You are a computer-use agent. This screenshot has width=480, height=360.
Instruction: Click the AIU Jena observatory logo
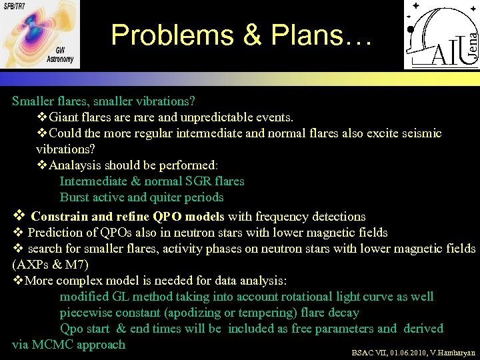click(x=441, y=35)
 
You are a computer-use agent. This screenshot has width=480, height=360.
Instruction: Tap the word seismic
click(x=420, y=133)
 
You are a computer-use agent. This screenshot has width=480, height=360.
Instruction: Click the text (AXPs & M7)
click(x=50, y=265)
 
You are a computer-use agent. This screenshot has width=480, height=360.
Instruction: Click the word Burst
click(x=75, y=197)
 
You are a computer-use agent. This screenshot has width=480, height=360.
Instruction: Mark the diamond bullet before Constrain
click(x=19, y=215)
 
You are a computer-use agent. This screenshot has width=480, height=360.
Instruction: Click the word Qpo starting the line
click(x=72, y=329)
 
